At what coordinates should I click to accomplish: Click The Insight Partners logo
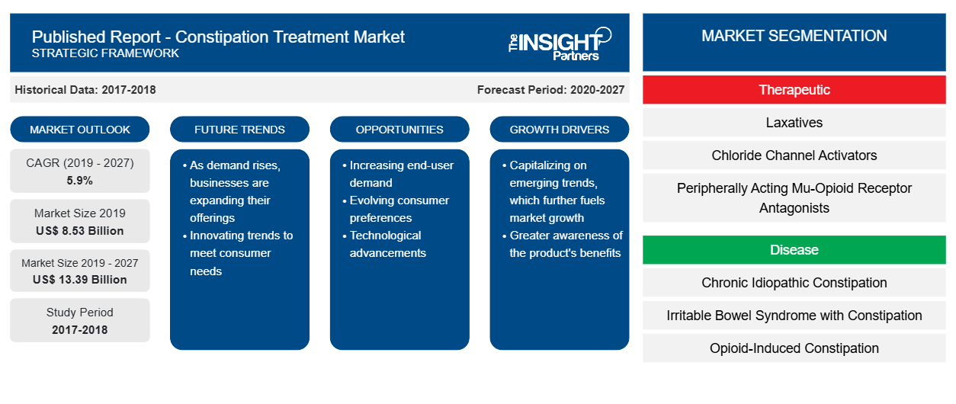point(560,44)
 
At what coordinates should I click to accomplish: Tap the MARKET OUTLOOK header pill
point(80,130)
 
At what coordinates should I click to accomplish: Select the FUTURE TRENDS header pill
point(239,130)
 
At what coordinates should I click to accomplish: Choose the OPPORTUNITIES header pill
point(399,130)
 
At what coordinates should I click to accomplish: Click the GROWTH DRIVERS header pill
point(559,130)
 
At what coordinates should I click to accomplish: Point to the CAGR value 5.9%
point(80,181)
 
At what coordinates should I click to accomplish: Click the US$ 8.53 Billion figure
point(80,231)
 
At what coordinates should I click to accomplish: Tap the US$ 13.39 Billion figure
point(80,280)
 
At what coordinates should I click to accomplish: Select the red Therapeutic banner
point(794,90)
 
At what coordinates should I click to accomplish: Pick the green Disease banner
point(794,249)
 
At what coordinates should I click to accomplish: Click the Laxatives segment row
point(794,123)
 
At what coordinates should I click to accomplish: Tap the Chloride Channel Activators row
point(794,156)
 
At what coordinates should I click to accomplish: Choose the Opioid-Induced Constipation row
point(794,348)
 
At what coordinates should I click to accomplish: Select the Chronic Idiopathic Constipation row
point(794,282)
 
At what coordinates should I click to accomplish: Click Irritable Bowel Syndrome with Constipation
point(794,316)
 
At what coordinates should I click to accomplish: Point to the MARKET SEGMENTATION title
point(794,36)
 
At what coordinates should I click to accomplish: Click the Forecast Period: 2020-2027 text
point(550,90)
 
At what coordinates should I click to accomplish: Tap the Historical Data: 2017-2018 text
point(85,90)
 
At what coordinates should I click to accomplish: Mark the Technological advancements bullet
point(384,244)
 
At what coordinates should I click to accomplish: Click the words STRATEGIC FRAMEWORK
point(105,53)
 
